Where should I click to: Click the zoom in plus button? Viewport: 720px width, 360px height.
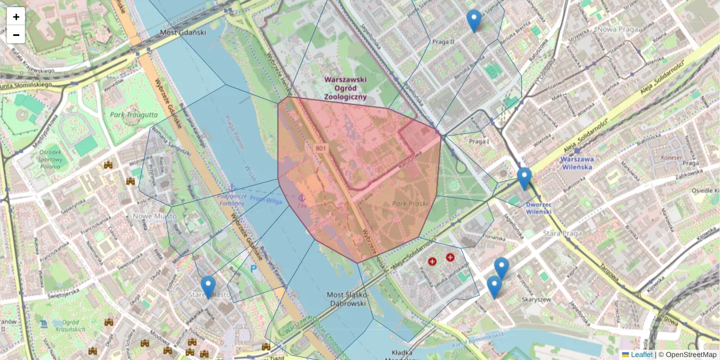click(x=16, y=17)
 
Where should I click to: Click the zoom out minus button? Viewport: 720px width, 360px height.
click(x=16, y=35)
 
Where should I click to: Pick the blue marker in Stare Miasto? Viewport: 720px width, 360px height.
click(x=208, y=287)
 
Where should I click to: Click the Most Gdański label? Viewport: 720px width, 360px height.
click(x=183, y=32)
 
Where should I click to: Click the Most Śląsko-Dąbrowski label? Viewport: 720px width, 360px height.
click(x=346, y=299)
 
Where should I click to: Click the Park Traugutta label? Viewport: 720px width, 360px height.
click(x=134, y=114)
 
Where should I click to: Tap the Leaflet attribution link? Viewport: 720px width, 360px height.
click(x=641, y=355)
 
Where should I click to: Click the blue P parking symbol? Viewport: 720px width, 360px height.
click(x=253, y=269)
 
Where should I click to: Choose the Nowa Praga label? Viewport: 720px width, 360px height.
click(x=616, y=28)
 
